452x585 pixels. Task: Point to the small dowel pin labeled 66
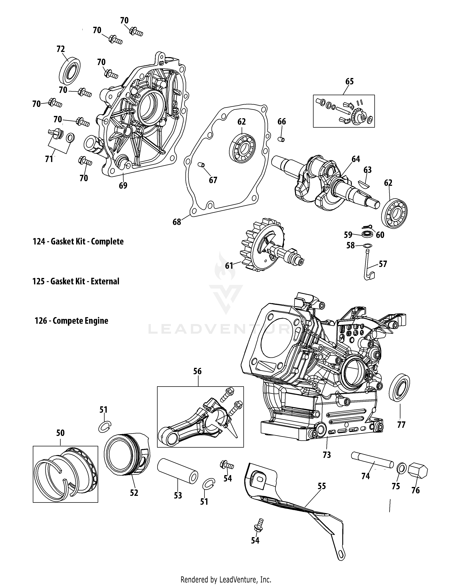[281, 139]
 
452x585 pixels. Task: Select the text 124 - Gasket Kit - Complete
[78, 242]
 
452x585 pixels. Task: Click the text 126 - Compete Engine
[71, 321]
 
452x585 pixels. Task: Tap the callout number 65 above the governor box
[349, 81]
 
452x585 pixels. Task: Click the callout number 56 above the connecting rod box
[197, 371]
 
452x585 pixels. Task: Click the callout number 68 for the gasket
[177, 222]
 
